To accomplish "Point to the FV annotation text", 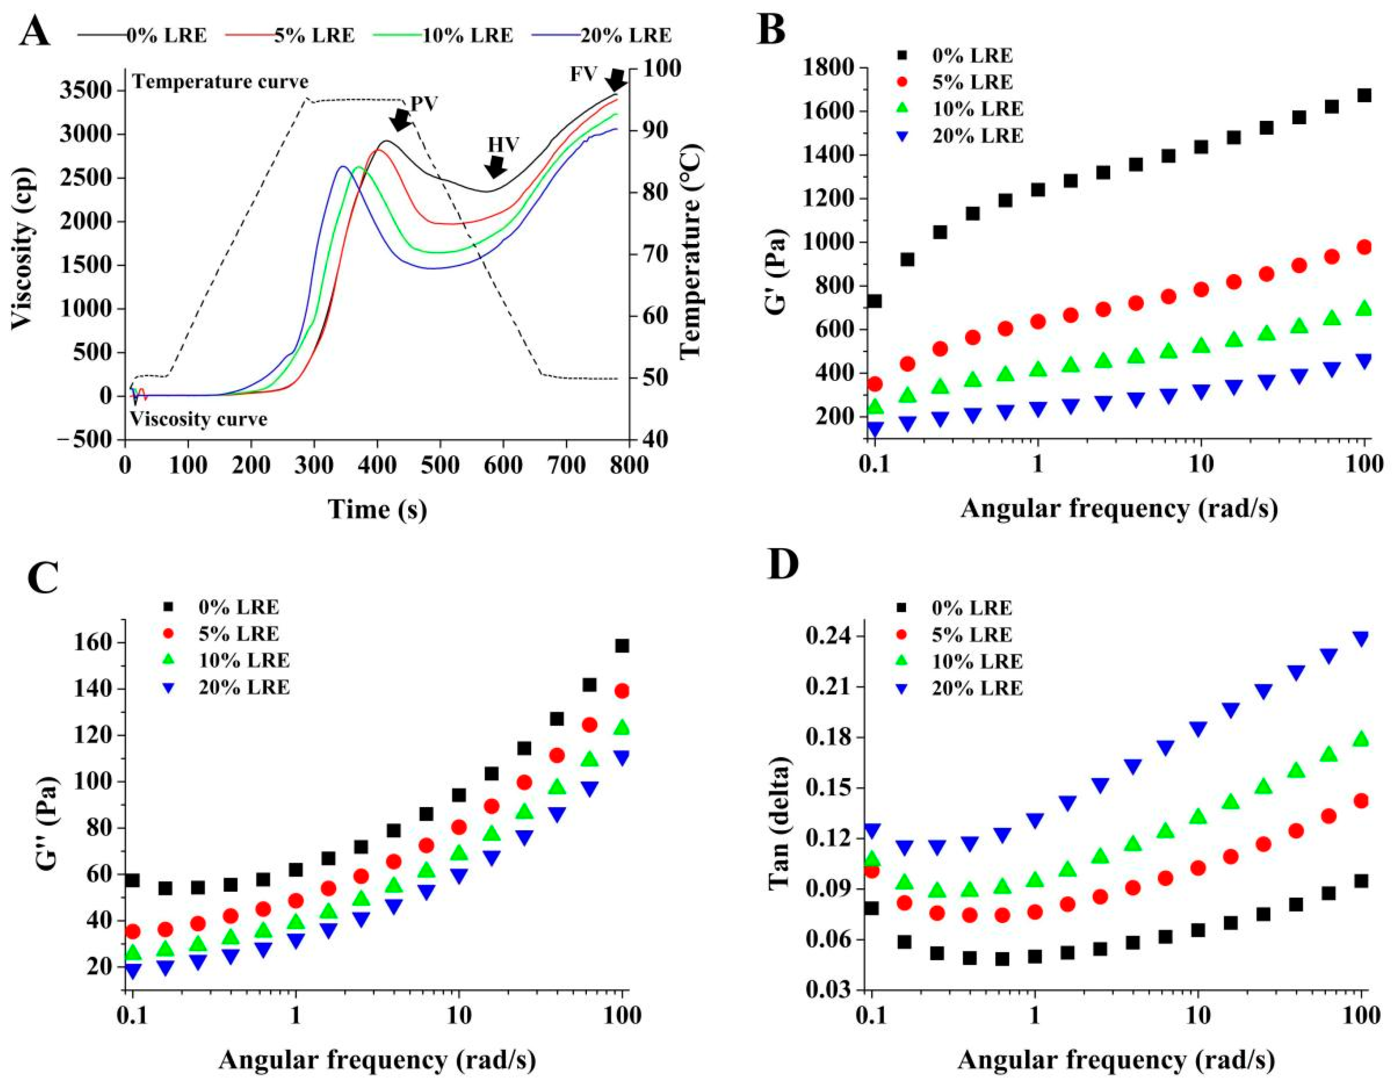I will click(x=583, y=74).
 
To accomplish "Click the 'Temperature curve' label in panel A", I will click(x=220, y=82).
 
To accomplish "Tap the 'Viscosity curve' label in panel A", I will click(x=199, y=419).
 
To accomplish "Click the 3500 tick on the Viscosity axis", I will click(x=87, y=91).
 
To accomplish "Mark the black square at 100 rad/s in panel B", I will click(x=1364, y=96).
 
